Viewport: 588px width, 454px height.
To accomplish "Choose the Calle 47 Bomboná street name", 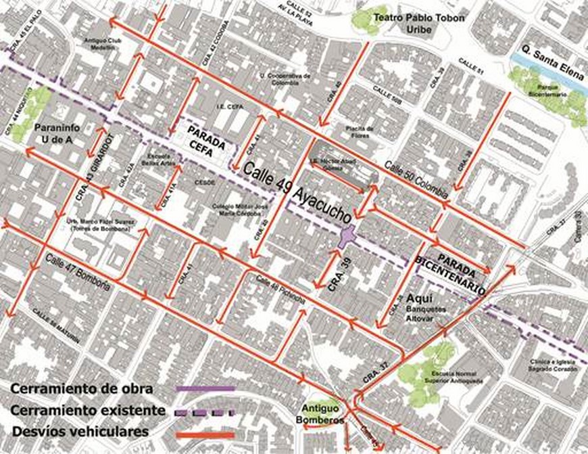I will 78,271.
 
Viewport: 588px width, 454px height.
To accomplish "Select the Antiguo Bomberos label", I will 322,415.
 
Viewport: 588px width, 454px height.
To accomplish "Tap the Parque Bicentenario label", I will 549,88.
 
